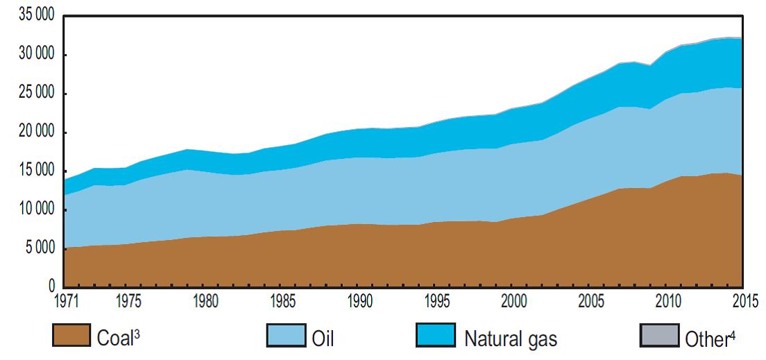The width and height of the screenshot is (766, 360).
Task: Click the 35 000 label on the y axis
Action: tap(32, 16)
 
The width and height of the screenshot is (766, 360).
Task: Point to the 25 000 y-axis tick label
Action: tap(32, 94)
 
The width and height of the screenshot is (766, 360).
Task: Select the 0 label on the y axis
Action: tap(50, 286)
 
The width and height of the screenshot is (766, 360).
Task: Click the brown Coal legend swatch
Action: tap(71, 335)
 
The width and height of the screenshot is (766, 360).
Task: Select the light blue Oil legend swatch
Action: tap(287, 335)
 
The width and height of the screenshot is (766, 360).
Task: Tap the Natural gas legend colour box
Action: tap(436, 335)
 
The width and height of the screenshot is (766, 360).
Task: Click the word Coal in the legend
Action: tap(113, 339)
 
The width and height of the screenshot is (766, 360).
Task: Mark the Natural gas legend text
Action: tap(510, 339)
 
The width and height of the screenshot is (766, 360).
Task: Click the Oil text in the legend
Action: tap(323, 339)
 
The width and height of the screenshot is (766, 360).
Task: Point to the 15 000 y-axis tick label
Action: tap(32, 171)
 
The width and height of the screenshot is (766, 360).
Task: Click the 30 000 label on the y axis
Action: tap(32, 55)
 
